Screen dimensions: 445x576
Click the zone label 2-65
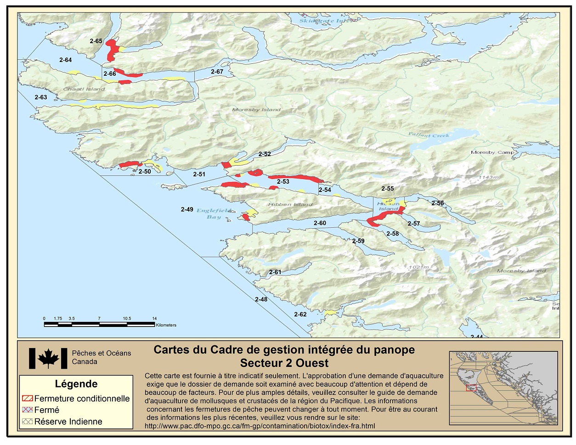[x=96, y=41]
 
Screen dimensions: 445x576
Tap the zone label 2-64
[x=66, y=60]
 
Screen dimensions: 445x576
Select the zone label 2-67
[x=217, y=72]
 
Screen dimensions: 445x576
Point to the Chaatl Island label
[x=84, y=89]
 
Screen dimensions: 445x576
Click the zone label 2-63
[x=41, y=97]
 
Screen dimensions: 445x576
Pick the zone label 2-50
[x=145, y=172]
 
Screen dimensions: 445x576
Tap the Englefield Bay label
[x=214, y=214]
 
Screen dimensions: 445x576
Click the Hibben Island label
[x=290, y=204]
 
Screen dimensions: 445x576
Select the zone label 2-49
[x=187, y=209]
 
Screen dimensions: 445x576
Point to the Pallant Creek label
[x=429, y=135]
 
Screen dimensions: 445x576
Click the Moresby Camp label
[x=492, y=152]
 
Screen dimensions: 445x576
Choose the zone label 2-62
[x=300, y=315]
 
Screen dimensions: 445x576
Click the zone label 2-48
[x=261, y=299]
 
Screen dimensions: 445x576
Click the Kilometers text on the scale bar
[x=166, y=325]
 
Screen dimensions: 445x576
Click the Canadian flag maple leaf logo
[x=48, y=358]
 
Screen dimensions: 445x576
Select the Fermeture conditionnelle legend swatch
[x=28, y=399]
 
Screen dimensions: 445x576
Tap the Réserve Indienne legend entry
[x=68, y=422]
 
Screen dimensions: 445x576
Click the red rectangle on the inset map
[x=471, y=388]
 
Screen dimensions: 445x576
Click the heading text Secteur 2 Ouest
[x=284, y=363]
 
